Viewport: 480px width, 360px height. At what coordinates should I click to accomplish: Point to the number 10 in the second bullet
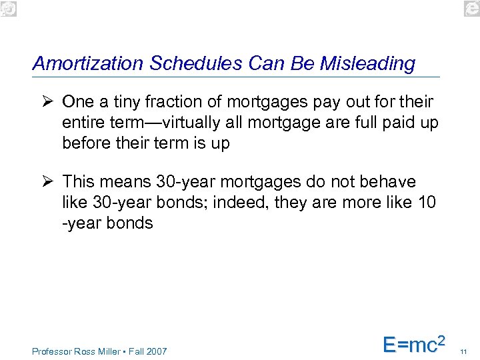click(x=427, y=203)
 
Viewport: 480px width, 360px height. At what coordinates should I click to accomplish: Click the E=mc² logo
click(x=413, y=344)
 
